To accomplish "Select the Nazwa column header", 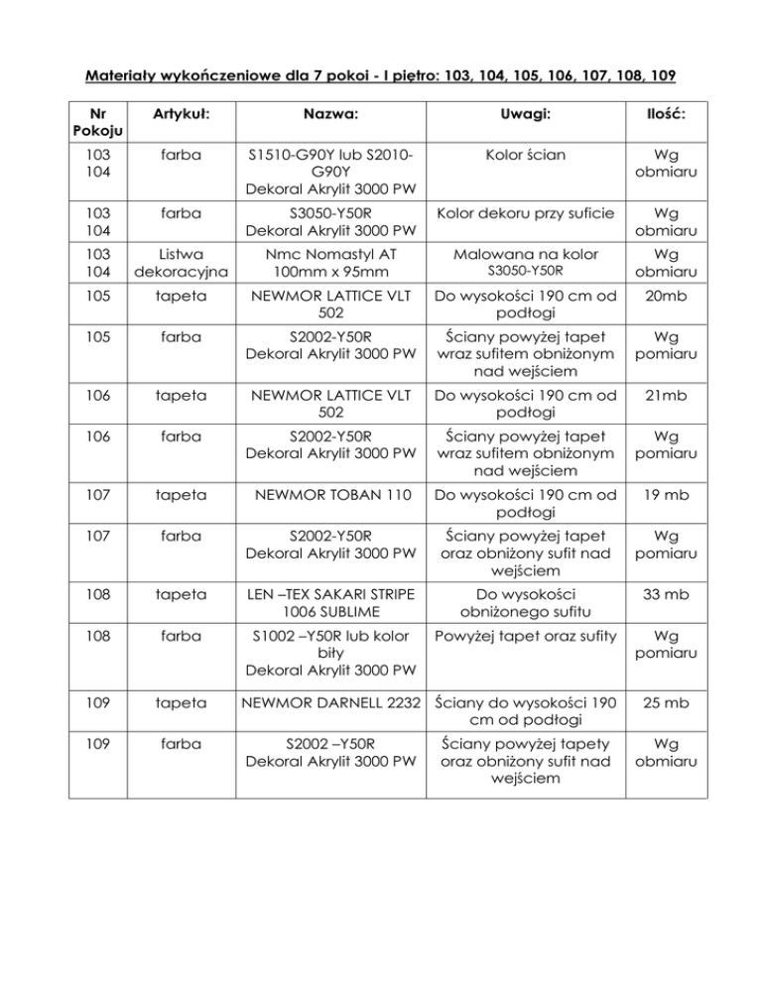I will click(x=330, y=116).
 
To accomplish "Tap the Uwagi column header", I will click(x=524, y=116).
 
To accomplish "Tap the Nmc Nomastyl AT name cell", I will click(x=330, y=263).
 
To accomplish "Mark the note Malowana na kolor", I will click(x=524, y=254).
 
